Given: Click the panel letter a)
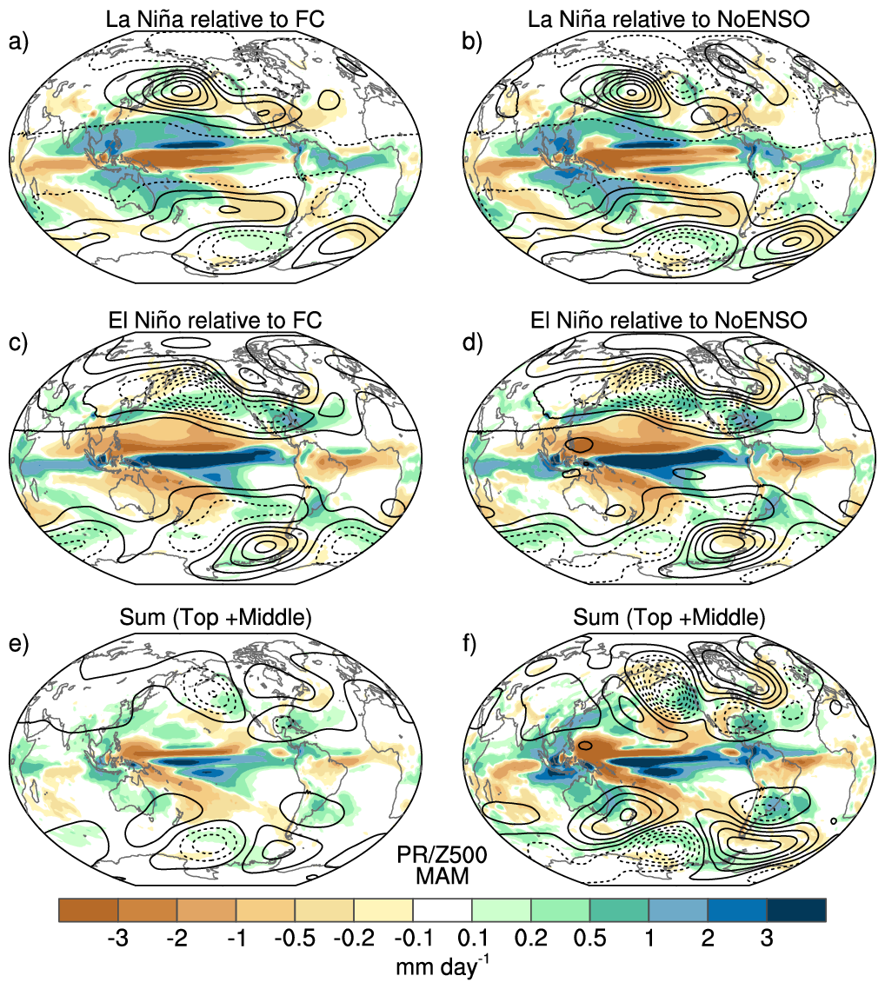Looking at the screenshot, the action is pyautogui.click(x=18, y=43).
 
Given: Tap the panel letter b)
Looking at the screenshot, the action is pyautogui.click(x=471, y=43).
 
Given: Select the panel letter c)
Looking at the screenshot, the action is pyautogui.click(x=18, y=343).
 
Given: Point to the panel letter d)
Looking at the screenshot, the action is pyautogui.click(x=471, y=343).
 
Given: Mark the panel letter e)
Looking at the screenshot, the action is pyautogui.click(x=18, y=645).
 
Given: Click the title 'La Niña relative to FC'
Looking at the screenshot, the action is pyautogui.click(x=215, y=19).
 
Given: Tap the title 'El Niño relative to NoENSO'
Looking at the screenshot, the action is pyautogui.click(x=669, y=321).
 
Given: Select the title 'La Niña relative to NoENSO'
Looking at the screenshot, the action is pyautogui.click(x=669, y=19).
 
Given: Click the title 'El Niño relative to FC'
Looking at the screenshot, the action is pyautogui.click(x=215, y=321).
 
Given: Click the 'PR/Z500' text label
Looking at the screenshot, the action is pyautogui.click(x=442, y=854).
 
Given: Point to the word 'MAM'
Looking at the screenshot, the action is pyautogui.click(x=442, y=876).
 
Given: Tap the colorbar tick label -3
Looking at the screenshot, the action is pyautogui.click(x=118, y=939).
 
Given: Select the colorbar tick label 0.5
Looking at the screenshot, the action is pyautogui.click(x=589, y=939).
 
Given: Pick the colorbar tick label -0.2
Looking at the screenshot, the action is pyautogui.click(x=354, y=939).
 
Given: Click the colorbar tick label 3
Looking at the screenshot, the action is pyautogui.click(x=767, y=939).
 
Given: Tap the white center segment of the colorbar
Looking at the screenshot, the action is pyautogui.click(x=442, y=910).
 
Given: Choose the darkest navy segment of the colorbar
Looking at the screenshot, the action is pyautogui.click(x=796, y=910).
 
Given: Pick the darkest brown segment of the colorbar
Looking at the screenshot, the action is pyautogui.click(x=89, y=910).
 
